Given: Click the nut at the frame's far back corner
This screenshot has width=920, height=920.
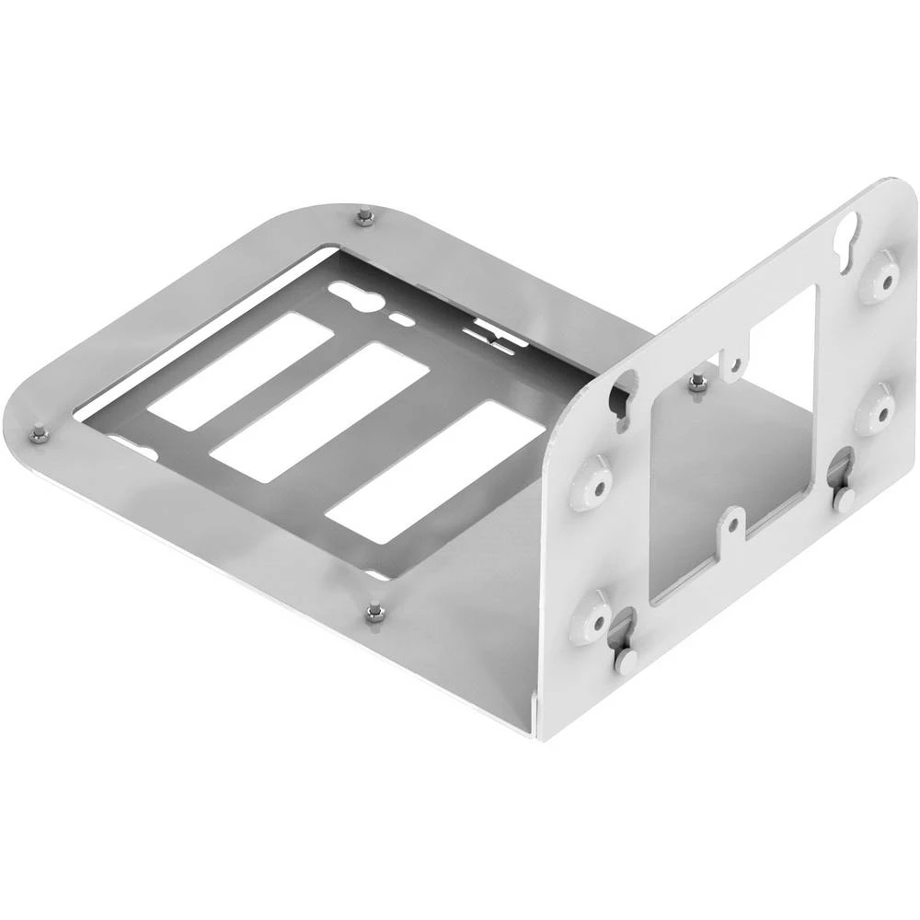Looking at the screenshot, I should [365, 217].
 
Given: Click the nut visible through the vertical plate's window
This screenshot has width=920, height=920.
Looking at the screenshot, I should [698, 382].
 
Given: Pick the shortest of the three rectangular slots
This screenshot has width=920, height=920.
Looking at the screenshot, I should [240, 371].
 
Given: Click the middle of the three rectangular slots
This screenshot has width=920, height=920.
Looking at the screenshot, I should [319, 411].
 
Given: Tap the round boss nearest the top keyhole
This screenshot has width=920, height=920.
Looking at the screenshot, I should [880, 278].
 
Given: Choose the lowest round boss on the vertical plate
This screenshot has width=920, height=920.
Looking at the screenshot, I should [590, 618].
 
